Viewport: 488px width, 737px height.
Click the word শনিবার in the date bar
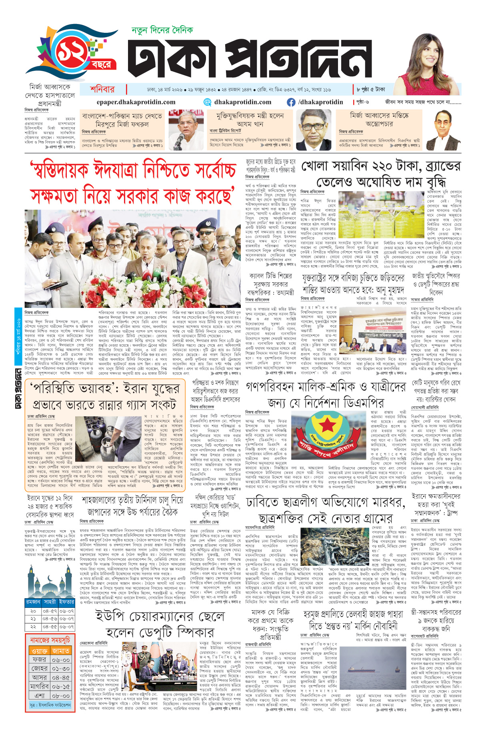(x=102, y=90)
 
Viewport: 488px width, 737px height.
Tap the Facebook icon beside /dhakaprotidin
(x=291, y=102)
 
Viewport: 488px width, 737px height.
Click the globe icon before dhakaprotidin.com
(x=207, y=102)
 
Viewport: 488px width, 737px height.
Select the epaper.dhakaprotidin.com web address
(x=136, y=102)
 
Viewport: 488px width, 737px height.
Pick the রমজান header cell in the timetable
(x=33, y=602)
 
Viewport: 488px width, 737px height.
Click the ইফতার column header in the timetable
(x=66, y=602)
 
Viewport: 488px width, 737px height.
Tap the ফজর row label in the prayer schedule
(x=39, y=659)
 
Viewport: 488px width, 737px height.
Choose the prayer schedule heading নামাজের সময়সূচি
(x=50, y=640)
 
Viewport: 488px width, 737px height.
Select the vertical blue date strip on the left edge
(x=18, y=344)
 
